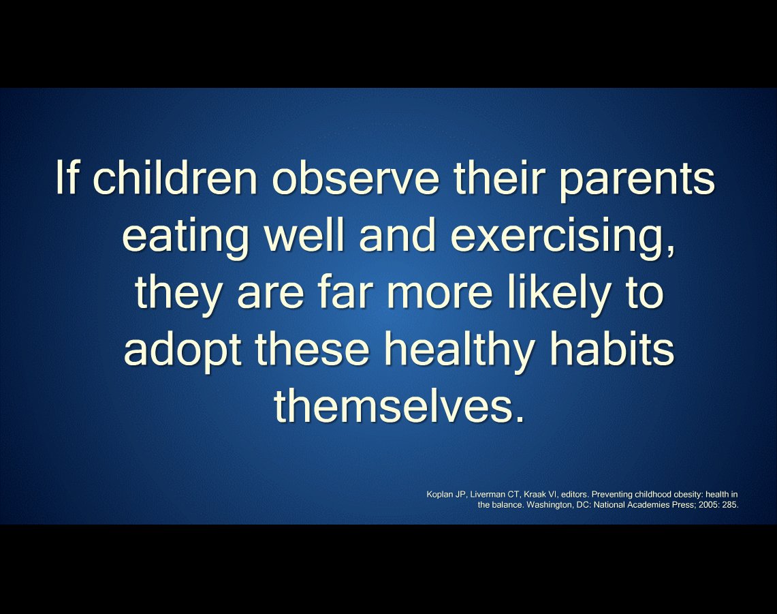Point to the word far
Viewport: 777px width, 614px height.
[x=368, y=292]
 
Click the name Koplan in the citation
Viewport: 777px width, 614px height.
[x=440, y=494]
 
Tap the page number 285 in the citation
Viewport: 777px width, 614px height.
[x=730, y=506]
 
